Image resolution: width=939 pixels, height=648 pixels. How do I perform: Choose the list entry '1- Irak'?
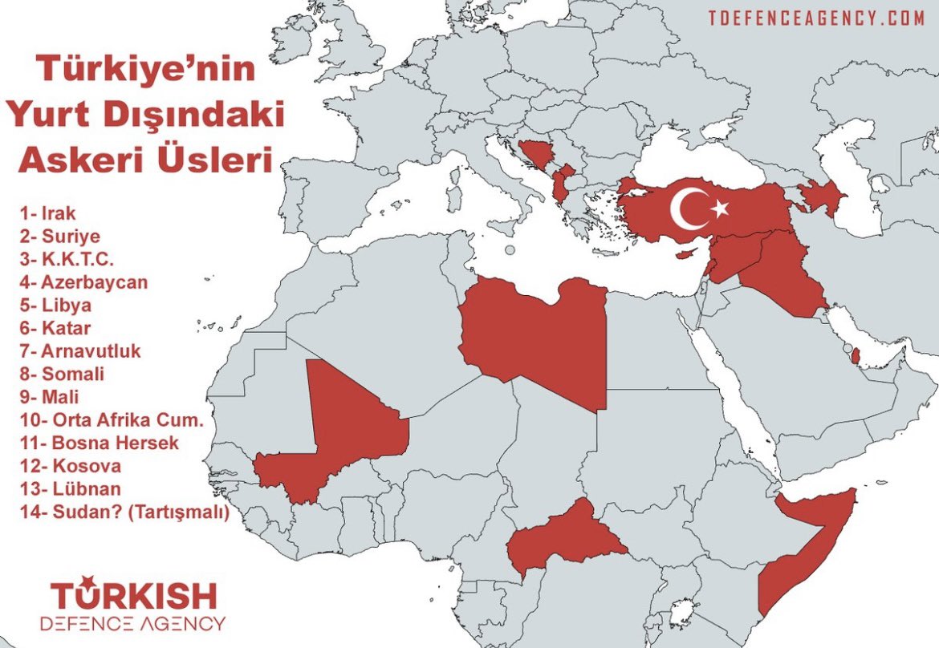coord(48,214)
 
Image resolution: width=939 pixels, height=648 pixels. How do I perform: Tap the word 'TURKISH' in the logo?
coord(135,595)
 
